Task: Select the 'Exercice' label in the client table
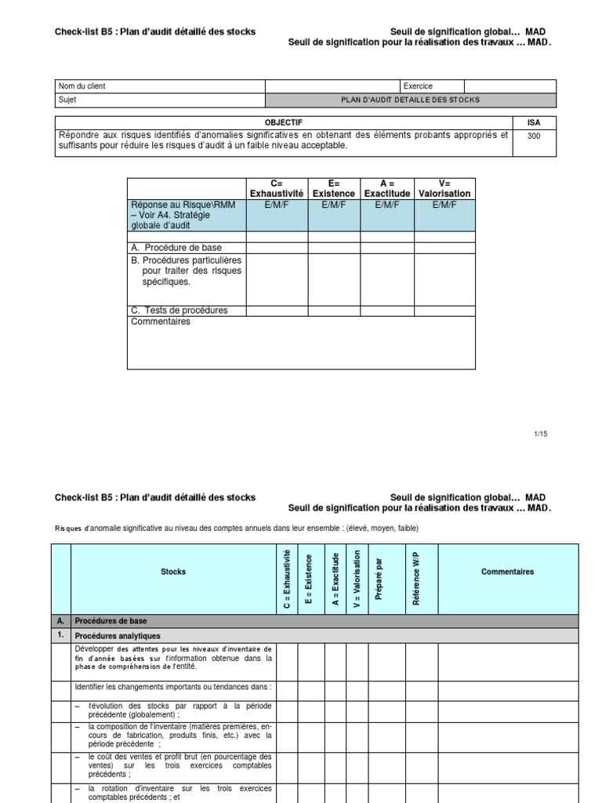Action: [418, 86]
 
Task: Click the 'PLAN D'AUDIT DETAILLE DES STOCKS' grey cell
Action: [410, 100]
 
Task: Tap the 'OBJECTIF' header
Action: [284, 122]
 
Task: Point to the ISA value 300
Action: [534, 136]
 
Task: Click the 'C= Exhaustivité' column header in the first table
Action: [277, 188]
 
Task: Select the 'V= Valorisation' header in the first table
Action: [444, 188]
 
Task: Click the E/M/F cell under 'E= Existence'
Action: [333, 205]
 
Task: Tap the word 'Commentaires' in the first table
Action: [161, 322]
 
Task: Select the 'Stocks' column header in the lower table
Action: [172, 572]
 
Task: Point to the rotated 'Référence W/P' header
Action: [415, 579]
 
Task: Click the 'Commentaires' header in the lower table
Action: [507, 572]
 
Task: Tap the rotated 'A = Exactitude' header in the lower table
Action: [335, 579]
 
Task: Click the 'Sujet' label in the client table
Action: [68, 100]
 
